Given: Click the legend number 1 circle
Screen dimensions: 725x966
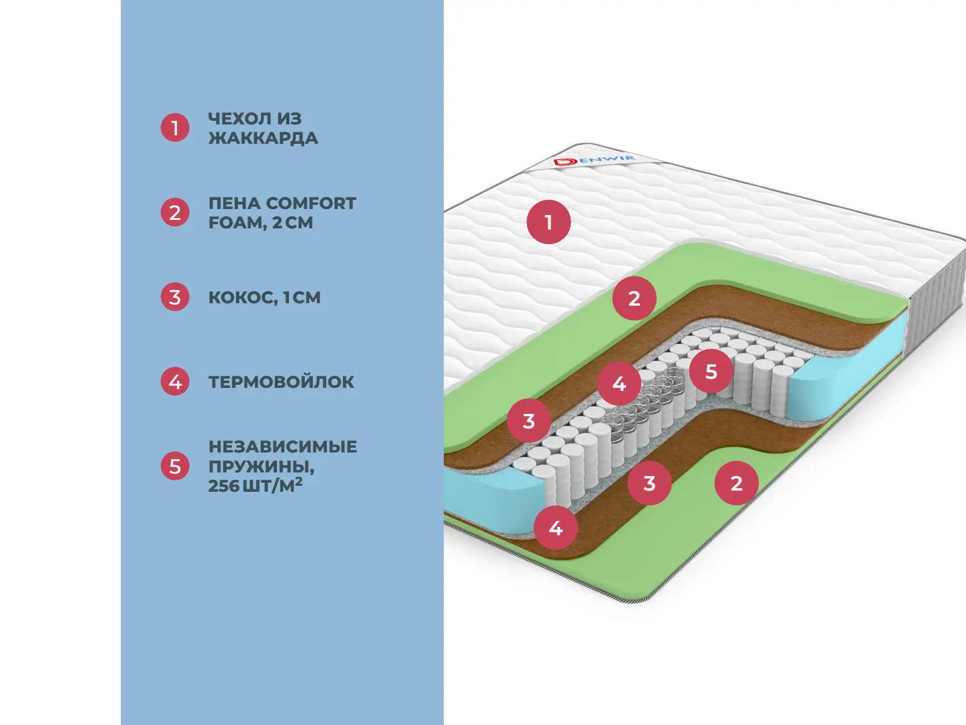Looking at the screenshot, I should coord(175,128).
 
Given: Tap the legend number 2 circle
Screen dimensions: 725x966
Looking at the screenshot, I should coord(175,213).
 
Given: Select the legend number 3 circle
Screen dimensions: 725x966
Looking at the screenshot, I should coord(175,297).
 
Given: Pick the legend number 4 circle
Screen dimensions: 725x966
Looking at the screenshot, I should coord(175,382).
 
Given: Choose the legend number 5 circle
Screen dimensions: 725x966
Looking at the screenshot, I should coord(175,466).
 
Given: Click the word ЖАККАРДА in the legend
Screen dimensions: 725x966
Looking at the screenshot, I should coord(263,138).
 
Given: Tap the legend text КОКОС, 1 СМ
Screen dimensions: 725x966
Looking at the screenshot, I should coord(264,297).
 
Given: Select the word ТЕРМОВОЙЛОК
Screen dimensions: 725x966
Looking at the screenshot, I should coord(281,382).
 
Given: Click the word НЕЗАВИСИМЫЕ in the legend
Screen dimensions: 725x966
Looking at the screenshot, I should coord(283,447).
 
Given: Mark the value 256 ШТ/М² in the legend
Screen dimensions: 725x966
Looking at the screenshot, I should coord(255,486).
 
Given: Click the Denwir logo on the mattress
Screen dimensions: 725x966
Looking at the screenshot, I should coord(594,161).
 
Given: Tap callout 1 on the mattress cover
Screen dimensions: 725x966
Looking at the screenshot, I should coord(548,222).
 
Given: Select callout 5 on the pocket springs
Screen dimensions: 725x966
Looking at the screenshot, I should coord(711,371).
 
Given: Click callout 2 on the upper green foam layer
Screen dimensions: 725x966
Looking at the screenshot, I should coord(634,298).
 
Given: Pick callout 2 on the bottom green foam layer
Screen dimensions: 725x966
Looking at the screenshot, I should coord(736,483).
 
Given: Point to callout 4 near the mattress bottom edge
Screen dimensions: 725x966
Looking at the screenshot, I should coord(555,528).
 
